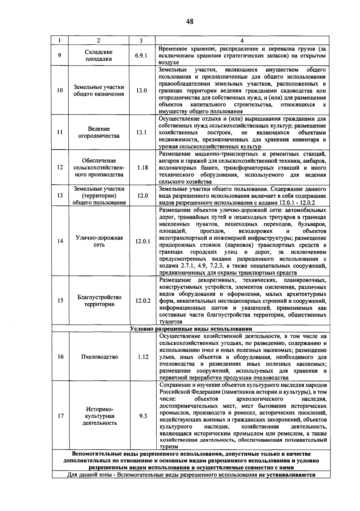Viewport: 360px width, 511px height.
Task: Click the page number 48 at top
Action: [190, 22]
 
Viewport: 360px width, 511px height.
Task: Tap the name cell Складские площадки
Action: [98, 56]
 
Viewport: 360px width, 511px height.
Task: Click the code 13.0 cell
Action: [142, 90]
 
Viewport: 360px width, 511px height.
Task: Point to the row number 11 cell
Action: [60, 132]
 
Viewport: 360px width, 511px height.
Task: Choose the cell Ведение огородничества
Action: [99, 132]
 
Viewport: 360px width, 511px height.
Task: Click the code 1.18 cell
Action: [142, 168]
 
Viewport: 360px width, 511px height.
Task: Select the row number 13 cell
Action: [60, 196]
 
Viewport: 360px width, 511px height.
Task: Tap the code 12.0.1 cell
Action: [143, 241]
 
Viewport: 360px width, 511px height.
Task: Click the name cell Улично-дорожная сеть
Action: [99, 241]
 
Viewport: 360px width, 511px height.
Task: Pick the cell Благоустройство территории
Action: [99, 301]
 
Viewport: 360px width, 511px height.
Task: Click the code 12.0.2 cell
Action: [143, 301]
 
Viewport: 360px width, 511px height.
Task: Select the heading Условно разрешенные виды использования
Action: [191, 329]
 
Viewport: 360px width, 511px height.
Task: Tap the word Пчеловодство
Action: [99, 357]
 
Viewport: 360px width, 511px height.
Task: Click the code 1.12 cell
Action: [143, 357]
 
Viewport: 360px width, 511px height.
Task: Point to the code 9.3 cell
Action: [143, 416]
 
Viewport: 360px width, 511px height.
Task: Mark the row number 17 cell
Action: [61, 416]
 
